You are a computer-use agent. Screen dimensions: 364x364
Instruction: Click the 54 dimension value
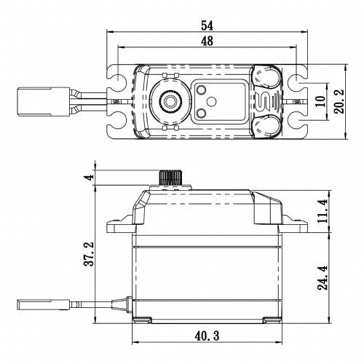tap(206, 25)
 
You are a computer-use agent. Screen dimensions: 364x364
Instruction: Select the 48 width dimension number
tap(206, 42)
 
